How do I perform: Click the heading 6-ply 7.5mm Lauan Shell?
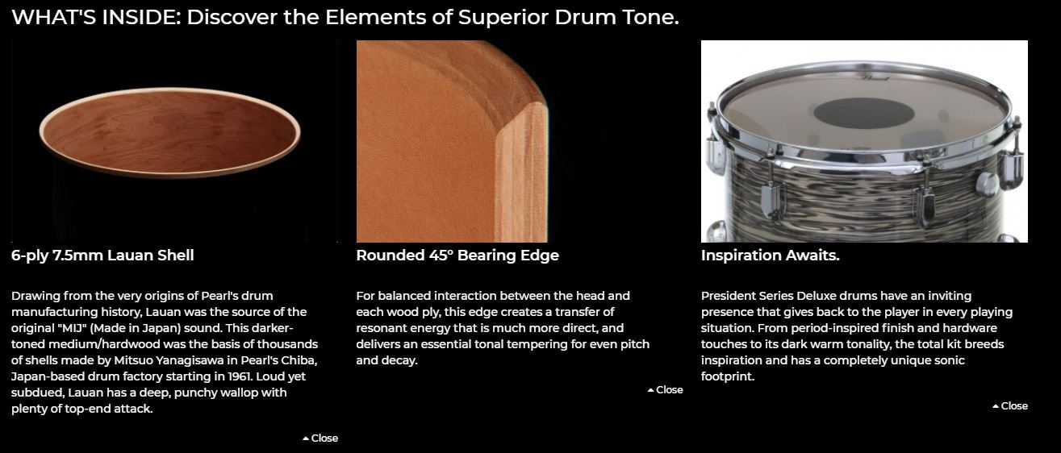coord(102,256)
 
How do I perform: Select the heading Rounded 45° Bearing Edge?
coord(457,256)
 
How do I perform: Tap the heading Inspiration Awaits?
coord(771,256)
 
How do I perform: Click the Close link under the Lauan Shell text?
coord(320,438)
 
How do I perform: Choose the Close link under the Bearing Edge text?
coord(666,390)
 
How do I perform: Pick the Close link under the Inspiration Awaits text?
coord(1010,406)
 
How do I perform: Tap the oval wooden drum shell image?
coord(169,132)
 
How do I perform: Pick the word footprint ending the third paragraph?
coord(728,376)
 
